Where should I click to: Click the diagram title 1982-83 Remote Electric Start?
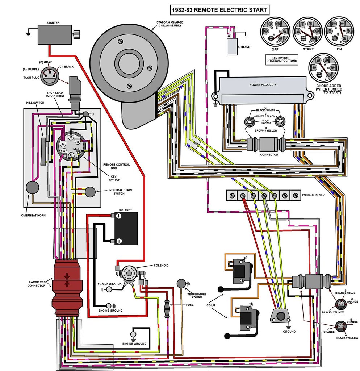click(x=220, y=10)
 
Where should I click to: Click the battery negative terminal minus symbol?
click(x=118, y=241)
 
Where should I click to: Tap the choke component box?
click(x=232, y=46)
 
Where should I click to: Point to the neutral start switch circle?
click(x=90, y=192)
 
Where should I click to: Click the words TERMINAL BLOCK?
click(x=313, y=196)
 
